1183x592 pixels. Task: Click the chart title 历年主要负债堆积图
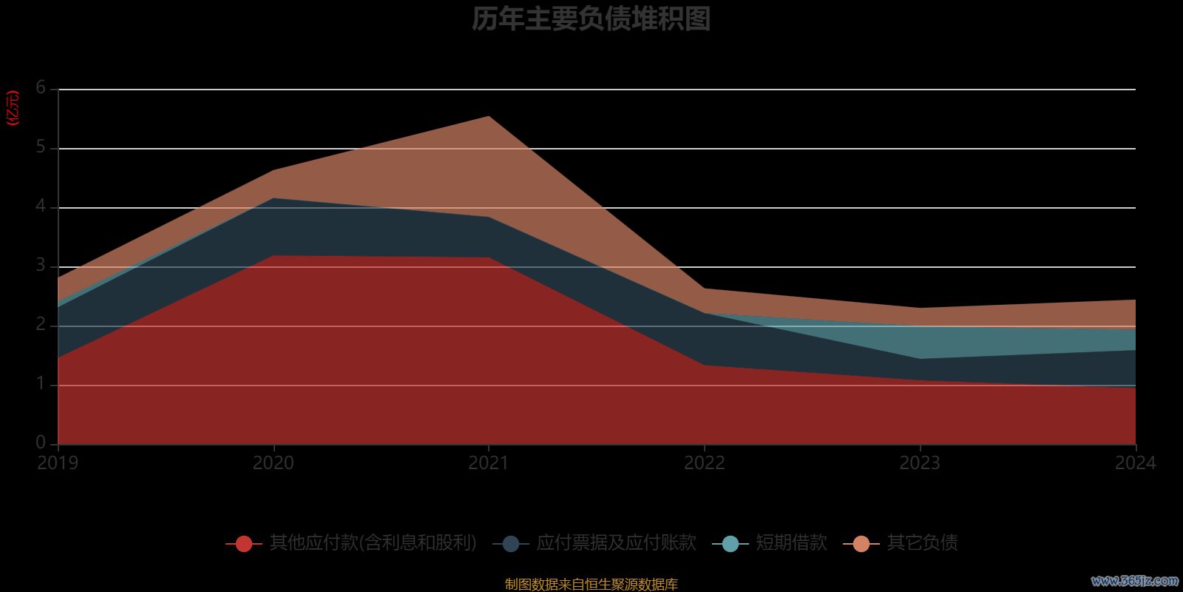click(x=591, y=19)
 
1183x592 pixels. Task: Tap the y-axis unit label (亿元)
click(x=13, y=108)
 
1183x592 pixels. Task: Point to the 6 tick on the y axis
click(x=41, y=88)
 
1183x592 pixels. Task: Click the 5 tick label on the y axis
click(x=41, y=147)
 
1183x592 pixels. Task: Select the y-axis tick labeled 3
click(x=41, y=266)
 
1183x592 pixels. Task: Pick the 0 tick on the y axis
click(x=41, y=443)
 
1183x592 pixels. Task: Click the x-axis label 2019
click(x=58, y=463)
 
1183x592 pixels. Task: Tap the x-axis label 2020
click(x=274, y=463)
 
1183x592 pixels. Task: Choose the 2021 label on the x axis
click(x=489, y=463)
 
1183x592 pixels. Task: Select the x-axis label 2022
click(x=705, y=463)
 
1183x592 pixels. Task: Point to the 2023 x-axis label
click(x=920, y=463)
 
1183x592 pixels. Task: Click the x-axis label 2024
click(x=1135, y=463)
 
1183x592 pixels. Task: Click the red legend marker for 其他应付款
click(x=244, y=544)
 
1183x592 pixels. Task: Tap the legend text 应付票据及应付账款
click(x=616, y=543)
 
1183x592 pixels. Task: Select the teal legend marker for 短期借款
click(x=731, y=544)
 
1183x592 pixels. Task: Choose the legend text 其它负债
click(x=922, y=543)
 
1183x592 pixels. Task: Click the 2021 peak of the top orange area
click(x=489, y=117)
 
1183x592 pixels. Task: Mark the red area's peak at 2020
click(x=274, y=256)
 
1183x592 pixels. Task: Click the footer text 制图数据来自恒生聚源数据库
click(x=591, y=585)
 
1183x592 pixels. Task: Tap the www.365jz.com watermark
click(x=1134, y=581)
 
